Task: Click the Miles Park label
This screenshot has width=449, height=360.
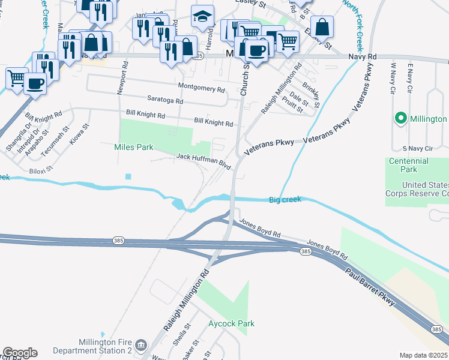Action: pos(134,147)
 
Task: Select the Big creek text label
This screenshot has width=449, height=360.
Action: pos(285,199)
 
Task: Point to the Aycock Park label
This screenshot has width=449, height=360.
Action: pos(231,324)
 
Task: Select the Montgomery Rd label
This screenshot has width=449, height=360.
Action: pos(201,89)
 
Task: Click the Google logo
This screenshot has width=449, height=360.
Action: pos(19,353)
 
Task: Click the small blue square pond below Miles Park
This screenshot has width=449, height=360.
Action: pos(128,176)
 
